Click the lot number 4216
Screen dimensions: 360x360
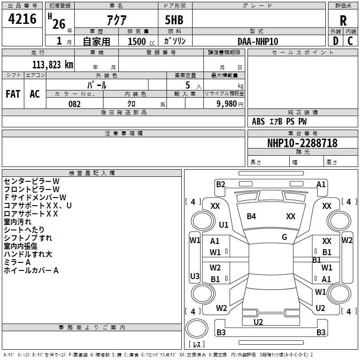pyautogui.click(x=22, y=19)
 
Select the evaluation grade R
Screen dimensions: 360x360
pyautogui.click(x=343, y=21)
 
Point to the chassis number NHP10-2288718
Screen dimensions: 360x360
pyautogui.click(x=302, y=143)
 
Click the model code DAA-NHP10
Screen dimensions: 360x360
pyautogui.click(x=258, y=41)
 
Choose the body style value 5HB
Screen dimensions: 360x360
pyautogui.click(x=174, y=20)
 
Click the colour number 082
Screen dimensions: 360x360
pyautogui.click(x=74, y=104)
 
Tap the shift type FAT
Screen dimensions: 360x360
pyautogui.click(x=13, y=94)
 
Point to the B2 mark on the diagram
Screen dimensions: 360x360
pyautogui.click(x=220, y=184)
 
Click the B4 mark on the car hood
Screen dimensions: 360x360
pyautogui.click(x=251, y=216)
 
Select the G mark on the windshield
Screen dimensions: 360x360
pyautogui.click(x=284, y=237)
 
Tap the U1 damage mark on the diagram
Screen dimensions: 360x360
pyautogui.click(x=224, y=225)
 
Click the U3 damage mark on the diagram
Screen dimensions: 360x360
pyautogui.click(x=195, y=276)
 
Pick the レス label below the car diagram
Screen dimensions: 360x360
pyautogui.click(x=197, y=344)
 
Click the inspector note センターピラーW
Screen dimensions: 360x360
pyautogui.click(x=31, y=181)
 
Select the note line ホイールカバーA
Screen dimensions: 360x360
pyautogui.click(x=31, y=270)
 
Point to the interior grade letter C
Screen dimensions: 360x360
pyautogui.click(x=350, y=41)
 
